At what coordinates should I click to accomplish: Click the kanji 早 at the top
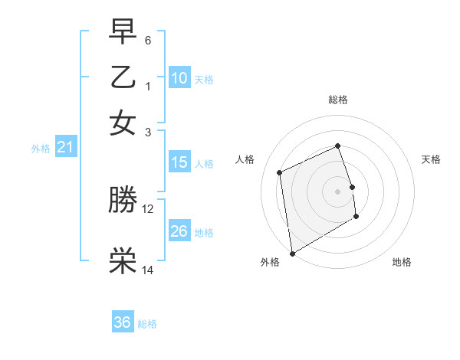click(123, 32)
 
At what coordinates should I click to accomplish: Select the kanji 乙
click(123, 77)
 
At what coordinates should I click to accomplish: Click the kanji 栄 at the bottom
click(123, 261)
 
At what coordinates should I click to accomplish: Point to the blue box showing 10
click(179, 78)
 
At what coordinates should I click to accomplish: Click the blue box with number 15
click(179, 162)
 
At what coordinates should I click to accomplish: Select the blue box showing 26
click(179, 231)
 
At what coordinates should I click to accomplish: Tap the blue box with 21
click(65, 147)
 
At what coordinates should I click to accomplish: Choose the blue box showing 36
click(123, 322)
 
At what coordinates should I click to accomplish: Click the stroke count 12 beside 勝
click(148, 208)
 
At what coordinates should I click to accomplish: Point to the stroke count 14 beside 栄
click(148, 270)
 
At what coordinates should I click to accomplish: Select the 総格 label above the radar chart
click(338, 100)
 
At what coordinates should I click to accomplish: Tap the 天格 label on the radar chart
click(431, 159)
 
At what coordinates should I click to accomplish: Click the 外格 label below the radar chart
click(270, 262)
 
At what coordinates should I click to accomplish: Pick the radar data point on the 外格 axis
click(292, 254)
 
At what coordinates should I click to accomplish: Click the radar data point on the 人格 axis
click(280, 172)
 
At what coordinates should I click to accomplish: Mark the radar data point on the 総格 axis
click(338, 146)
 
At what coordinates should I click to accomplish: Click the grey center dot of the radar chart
click(338, 191)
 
